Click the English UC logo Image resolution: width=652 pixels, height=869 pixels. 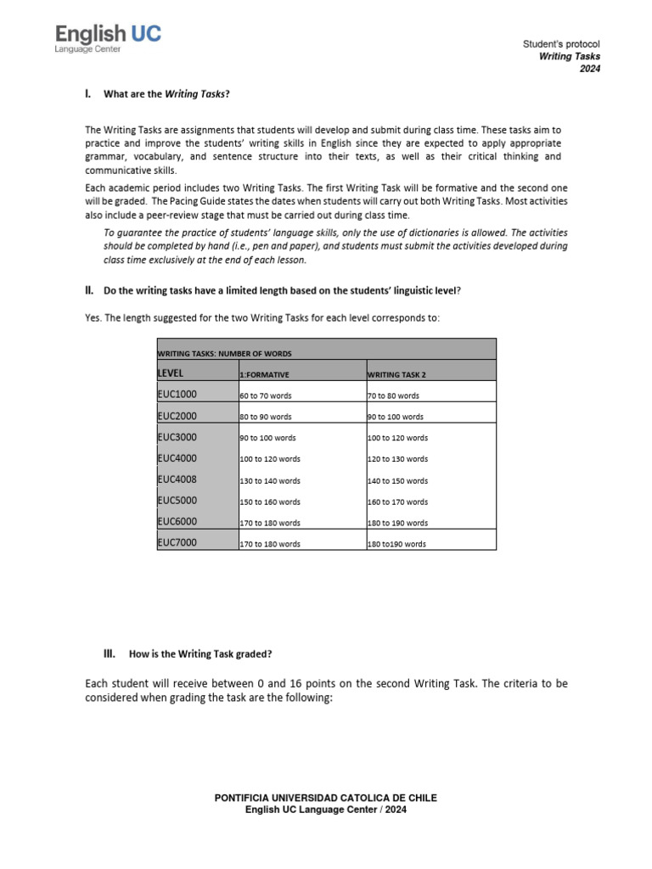[x=108, y=35]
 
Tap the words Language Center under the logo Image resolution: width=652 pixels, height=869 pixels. [x=88, y=50]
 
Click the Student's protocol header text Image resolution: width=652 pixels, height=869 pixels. [x=562, y=44]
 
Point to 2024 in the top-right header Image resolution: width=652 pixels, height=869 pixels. [x=589, y=70]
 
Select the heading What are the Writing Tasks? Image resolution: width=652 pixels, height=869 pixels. [x=166, y=94]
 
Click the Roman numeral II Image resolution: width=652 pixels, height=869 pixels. [x=88, y=290]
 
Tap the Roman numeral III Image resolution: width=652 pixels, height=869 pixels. [x=108, y=653]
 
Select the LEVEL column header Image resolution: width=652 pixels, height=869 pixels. [x=171, y=373]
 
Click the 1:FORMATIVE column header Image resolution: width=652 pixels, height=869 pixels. [x=265, y=374]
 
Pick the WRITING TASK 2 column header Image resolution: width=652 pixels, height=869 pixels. [x=396, y=374]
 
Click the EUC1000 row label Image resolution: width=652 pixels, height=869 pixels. [x=177, y=395]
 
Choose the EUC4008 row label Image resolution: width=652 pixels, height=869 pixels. [x=177, y=479]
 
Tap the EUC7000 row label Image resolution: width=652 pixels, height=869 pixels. [x=177, y=543]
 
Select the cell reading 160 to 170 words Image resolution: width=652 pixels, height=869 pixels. [x=397, y=502]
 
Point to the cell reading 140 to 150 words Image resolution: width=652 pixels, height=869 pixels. [x=397, y=481]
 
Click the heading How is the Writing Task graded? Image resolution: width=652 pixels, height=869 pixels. [x=200, y=654]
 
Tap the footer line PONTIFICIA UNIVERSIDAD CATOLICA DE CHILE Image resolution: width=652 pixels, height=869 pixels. [x=326, y=799]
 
